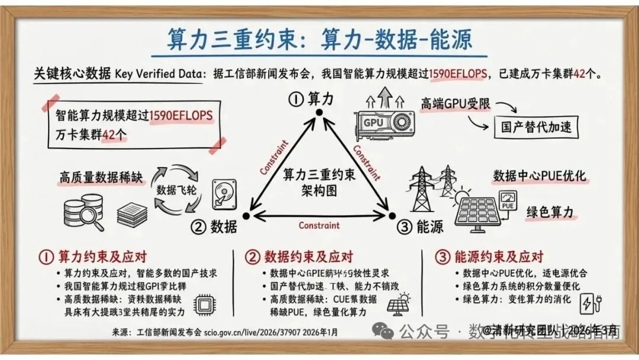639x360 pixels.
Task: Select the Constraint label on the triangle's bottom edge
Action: coord(319,225)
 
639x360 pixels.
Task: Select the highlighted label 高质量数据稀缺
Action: coord(101,177)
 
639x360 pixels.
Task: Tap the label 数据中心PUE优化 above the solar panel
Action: coord(539,176)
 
